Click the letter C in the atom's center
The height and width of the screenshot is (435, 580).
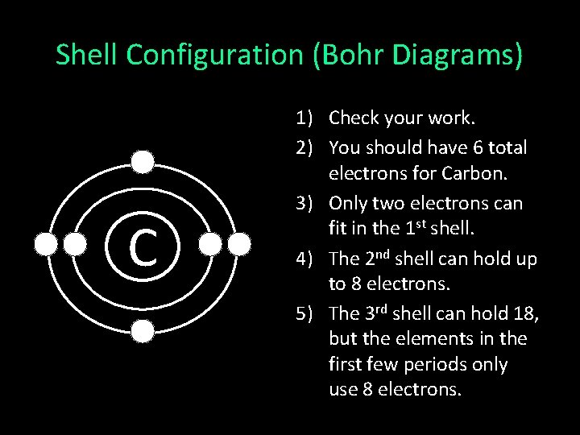[143, 246]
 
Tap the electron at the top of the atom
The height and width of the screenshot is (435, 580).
[143, 163]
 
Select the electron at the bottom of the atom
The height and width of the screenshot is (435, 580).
[143, 330]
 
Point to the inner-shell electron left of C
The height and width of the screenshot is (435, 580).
[74, 243]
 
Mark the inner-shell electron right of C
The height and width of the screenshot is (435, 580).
[211, 243]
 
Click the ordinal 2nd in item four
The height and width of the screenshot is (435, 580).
[378, 258]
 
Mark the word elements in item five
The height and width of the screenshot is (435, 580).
[450, 338]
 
